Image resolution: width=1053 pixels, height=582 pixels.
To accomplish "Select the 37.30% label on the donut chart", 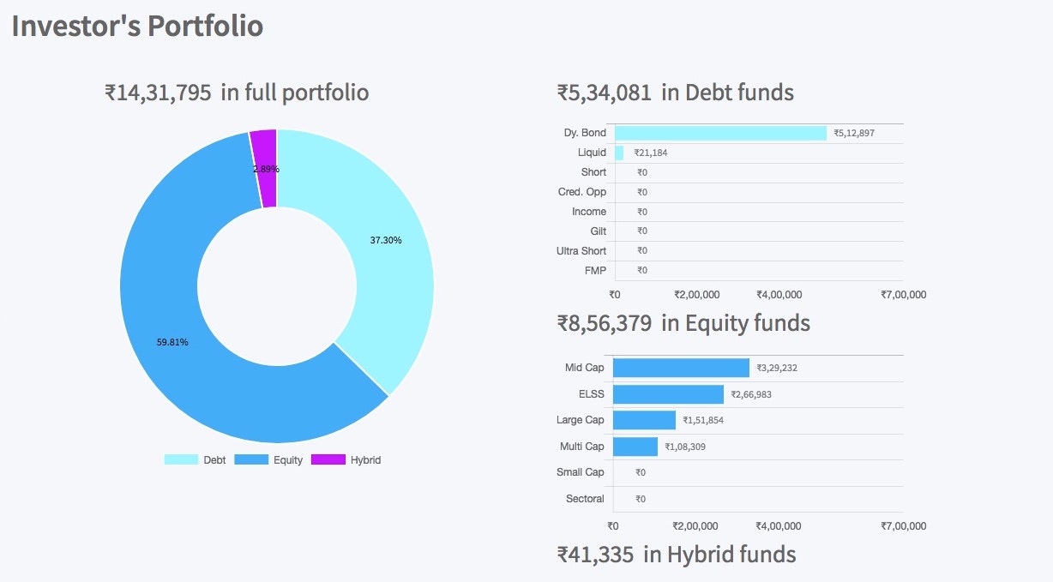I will [386, 240].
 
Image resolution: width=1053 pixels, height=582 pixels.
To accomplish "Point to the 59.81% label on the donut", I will [172, 342].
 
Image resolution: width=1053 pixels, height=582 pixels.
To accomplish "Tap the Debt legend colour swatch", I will [180, 460].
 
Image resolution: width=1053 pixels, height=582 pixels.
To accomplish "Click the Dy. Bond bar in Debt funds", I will [720, 133].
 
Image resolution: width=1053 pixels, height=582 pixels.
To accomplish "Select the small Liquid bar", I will [619, 153].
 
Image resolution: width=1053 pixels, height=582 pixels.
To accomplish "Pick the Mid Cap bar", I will [681, 368].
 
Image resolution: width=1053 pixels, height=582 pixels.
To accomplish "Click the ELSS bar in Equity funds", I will [668, 394].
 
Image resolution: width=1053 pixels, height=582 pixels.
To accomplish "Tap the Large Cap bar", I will [644, 420].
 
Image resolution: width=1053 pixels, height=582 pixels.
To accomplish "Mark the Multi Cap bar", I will [635, 447].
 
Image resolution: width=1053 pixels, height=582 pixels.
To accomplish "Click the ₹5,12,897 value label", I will [854, 134].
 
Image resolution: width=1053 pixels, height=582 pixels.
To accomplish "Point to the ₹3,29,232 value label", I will [777, 369].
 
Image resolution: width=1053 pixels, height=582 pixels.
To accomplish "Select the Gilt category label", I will [598, 231].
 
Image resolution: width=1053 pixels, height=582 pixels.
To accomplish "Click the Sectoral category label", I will [585, 499].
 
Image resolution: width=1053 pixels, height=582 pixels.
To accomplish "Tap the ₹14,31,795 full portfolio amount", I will [159, 93].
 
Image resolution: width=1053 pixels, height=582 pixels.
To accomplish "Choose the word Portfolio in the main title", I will [205, 26].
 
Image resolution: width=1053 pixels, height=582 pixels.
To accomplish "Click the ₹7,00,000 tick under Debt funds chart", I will [903, 295].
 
